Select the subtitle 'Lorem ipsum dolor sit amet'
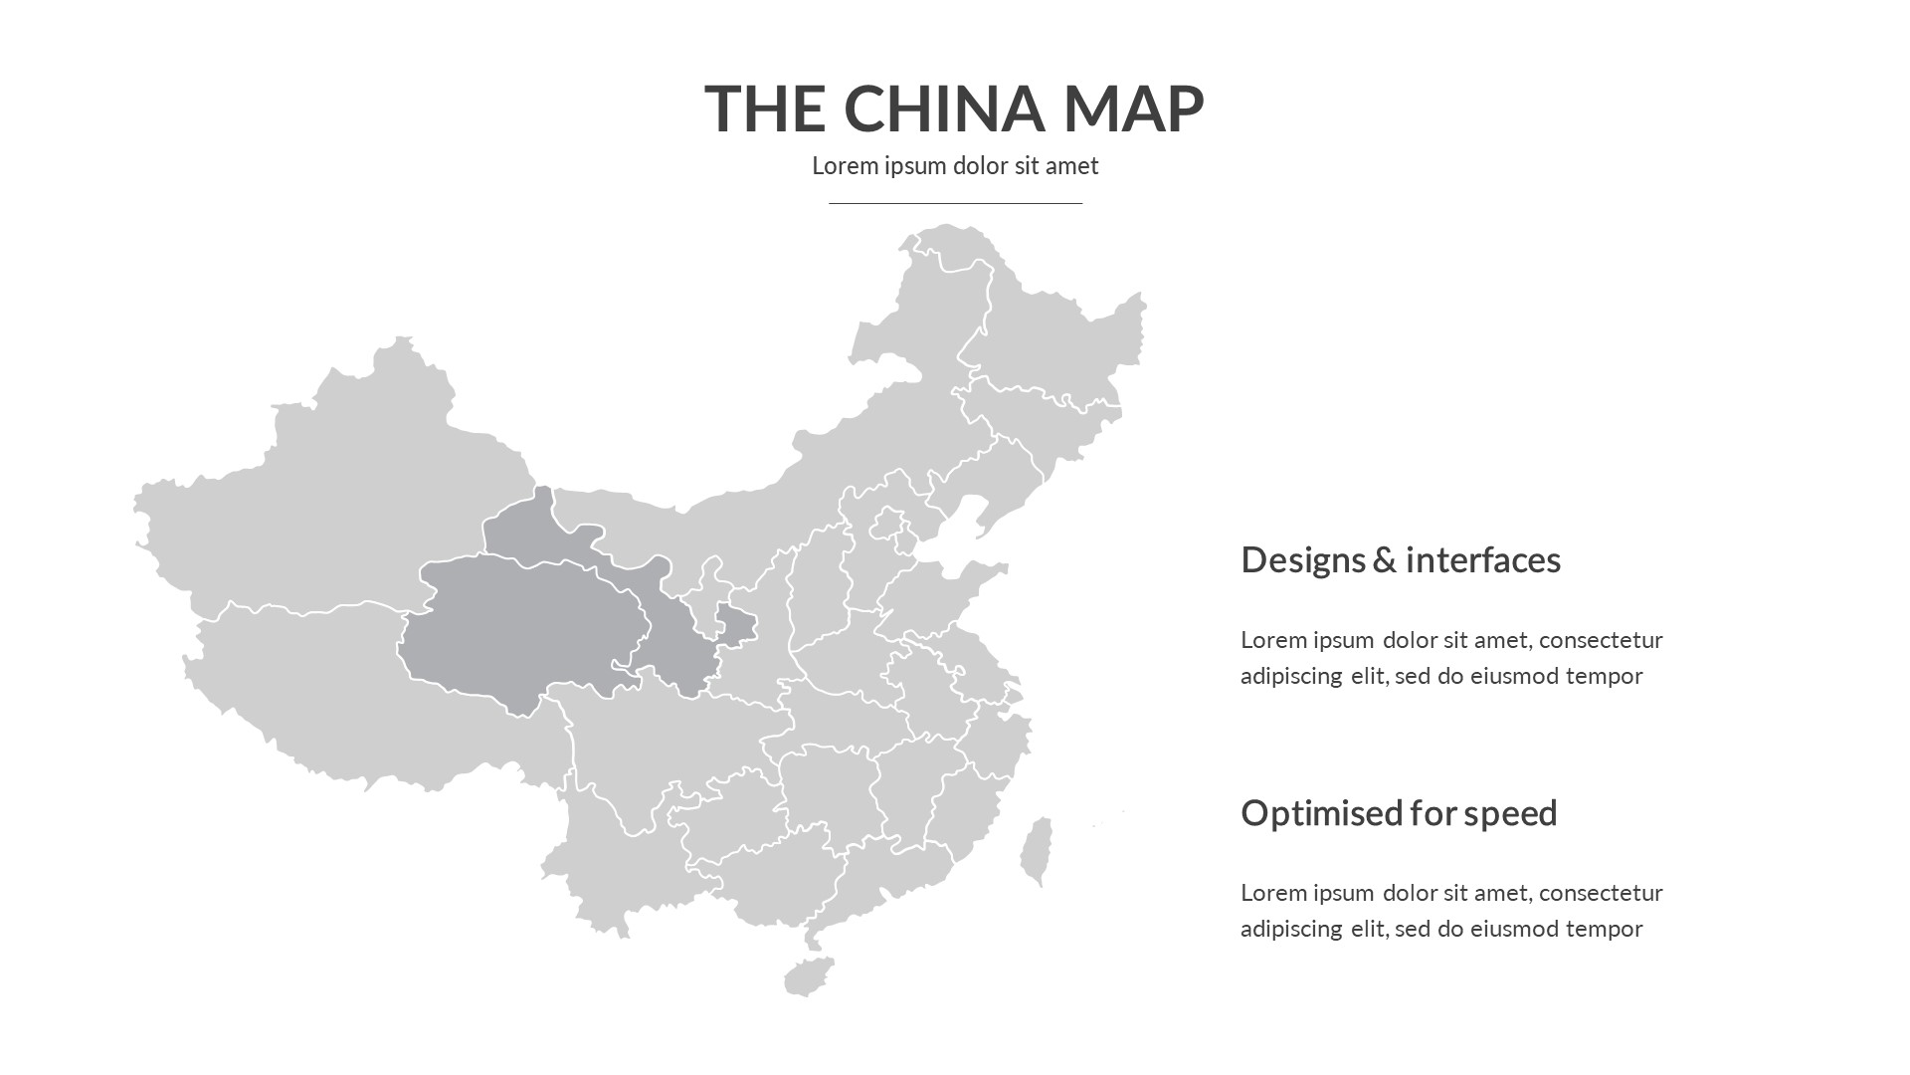coord(955,165)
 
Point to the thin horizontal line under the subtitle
coord(955,203)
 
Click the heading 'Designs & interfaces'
coord(1400,559)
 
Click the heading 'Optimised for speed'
coord(1398,812)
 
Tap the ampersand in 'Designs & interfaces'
coord(1384,559)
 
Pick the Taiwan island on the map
coord(1037,851)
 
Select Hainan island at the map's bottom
coord(808,976)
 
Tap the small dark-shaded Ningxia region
coord(736,625)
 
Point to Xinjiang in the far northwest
coord(328,498)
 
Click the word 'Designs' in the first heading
coord(1302,559)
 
